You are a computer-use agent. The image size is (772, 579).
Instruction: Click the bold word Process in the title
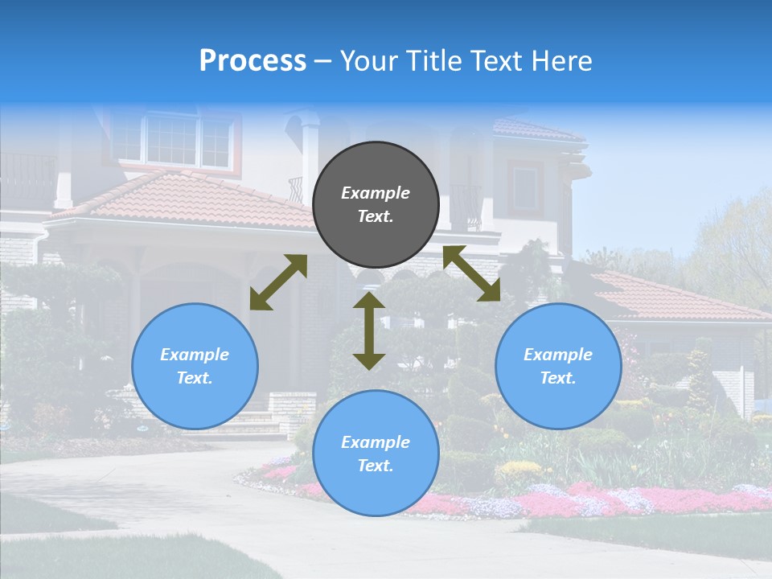pyautogui.click(x=253, y=61)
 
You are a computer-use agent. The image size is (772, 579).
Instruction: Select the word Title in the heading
pyautogui.click(x=430, y=61)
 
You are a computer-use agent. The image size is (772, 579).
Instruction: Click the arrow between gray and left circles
pyautogui.click(x=278, y=282)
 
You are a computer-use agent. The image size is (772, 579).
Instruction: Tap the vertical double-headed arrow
pyautogui.click(x=369, y=331)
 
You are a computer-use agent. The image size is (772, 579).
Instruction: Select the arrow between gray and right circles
pyautogui.click(x=472, y=273)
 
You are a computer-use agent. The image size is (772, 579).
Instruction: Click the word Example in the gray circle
pyautogui.click(x=376, y=193)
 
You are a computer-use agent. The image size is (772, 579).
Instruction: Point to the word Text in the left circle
pyautogui.click(x=195, y=378)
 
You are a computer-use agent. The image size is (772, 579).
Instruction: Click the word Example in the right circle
pyautogui.click(x=558, y=355)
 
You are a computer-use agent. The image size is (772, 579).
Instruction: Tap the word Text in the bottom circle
pyautogui.click(x=376, y=466)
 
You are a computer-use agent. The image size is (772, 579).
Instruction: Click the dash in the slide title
pyautogui.click(x=322, y=61)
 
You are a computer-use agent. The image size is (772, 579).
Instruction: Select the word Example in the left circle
pyautogui.click(x=195, y=355)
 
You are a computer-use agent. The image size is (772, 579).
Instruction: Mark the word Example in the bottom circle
pyautogui.click(x=376, y=442)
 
